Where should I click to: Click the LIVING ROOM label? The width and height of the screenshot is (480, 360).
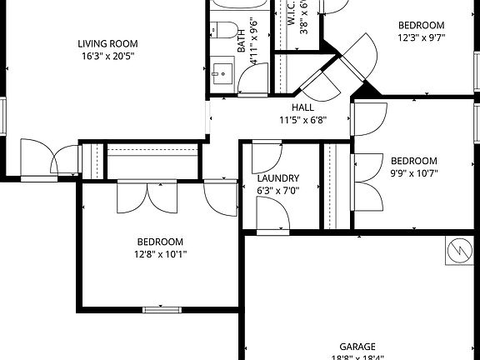click(107, 44)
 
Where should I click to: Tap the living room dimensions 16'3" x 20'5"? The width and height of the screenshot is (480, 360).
click(107, 57)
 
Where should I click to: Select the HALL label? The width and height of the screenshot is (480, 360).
click(302, 107)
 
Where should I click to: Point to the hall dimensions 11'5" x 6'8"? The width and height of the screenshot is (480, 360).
click(302, 119)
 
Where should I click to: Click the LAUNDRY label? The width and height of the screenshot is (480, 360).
click(278, 178)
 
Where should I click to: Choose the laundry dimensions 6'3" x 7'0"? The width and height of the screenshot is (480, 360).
click(278, 190)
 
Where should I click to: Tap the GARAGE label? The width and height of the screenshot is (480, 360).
click(357, 347)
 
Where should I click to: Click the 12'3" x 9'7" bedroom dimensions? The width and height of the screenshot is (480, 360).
click(421, 37)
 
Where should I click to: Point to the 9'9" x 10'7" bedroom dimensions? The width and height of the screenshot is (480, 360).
click(414, 173)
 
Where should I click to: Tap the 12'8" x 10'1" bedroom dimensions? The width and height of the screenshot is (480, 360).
click(161, 254)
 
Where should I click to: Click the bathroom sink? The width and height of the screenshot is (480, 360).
click(222, 72)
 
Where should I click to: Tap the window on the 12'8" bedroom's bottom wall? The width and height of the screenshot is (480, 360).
click(162, 310)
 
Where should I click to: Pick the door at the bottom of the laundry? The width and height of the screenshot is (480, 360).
click(272, 216)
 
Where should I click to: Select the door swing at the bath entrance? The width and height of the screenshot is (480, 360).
click(252, 78)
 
